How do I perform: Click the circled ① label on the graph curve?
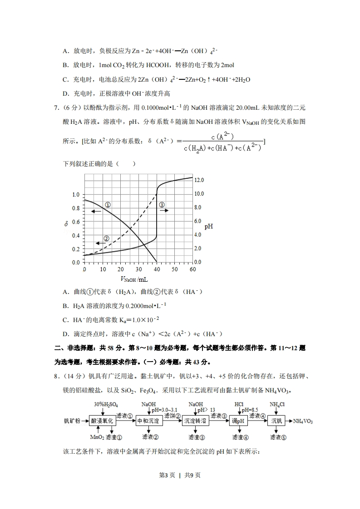click(108, 205)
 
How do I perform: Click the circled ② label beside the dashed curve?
click(106, 238)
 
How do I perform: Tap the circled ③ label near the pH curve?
click(162, 205)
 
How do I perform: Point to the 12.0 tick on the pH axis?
click(199, 180)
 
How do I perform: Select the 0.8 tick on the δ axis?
click(76, 208)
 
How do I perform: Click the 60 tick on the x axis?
click(192, 269)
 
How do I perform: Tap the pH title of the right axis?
click(209, 226)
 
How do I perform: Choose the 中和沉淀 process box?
click(148, 421)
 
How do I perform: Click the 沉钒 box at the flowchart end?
click(276, 421)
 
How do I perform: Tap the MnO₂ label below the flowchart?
click(97, 437)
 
